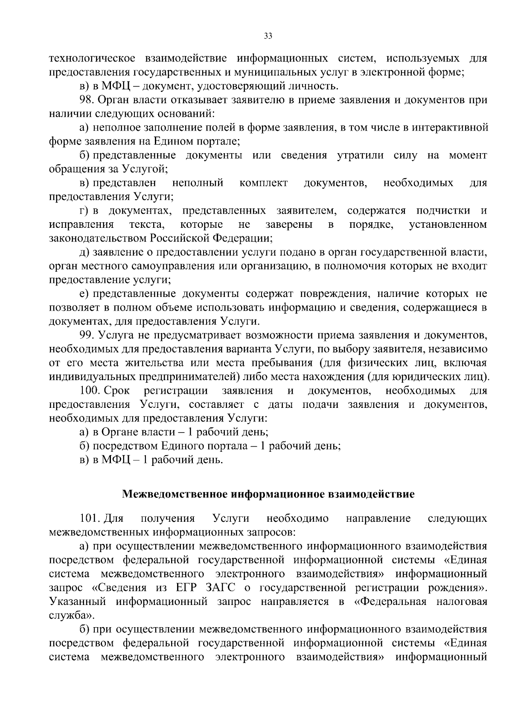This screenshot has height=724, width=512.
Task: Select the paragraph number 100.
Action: point(89,391)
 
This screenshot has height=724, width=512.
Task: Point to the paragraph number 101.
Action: point(89,518)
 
